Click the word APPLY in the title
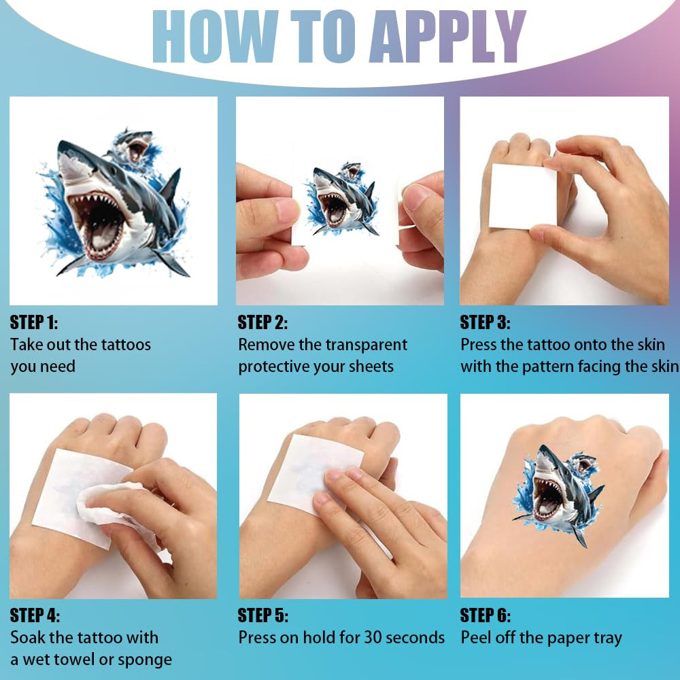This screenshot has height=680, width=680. click(x=447, y=37)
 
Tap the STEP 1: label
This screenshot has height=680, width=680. click(x=34, y=322)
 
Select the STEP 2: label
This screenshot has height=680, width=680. click(x=262, y=322)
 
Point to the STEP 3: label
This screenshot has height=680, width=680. click(x=486, y=322)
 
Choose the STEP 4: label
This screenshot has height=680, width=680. click(x=35, y=615)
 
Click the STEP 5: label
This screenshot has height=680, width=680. click(x=262, y=615)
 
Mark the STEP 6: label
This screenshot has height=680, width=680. click(x=486, y=615)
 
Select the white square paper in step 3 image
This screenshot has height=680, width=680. click(x=522, y=196)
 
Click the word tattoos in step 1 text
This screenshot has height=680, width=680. click(x=126, y=345)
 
